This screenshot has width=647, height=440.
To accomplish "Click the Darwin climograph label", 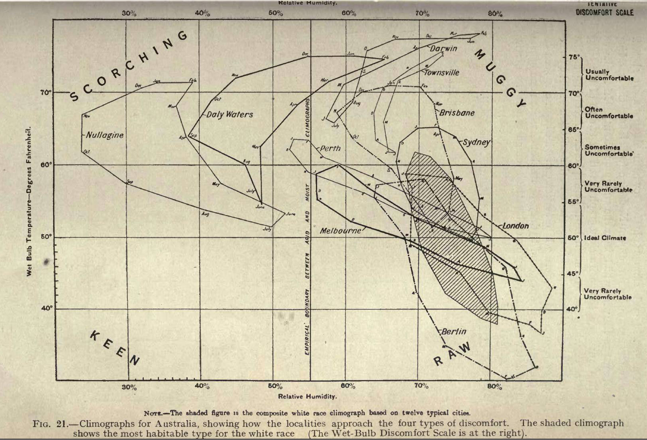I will pos(444,48).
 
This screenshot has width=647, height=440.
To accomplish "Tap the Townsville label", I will pos(441,73).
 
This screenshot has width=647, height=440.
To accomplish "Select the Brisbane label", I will pos(457,113).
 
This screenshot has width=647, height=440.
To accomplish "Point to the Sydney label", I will pos(476,142).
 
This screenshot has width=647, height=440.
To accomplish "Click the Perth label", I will pos(330,148).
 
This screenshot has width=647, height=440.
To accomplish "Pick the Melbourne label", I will pos(340,231).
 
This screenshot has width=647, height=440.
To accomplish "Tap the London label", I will pos(516,226).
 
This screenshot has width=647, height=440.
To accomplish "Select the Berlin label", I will pos(454,331).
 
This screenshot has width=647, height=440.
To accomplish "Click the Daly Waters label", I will pos(230,115).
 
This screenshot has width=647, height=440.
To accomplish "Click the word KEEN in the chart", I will pos(115,348).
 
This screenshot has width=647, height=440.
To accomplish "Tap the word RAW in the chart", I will pos(452,354).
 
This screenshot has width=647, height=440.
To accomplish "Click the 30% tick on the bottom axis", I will pos(129,386).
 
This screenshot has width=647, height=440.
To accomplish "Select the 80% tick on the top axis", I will pos(495,13).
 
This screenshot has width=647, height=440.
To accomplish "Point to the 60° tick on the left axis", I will pos(46,165).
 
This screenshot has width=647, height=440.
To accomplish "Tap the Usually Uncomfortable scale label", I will pos(609,75).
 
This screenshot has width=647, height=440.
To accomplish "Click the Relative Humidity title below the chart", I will pos(308,396).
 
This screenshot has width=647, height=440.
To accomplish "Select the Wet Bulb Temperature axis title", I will pos(29,201).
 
